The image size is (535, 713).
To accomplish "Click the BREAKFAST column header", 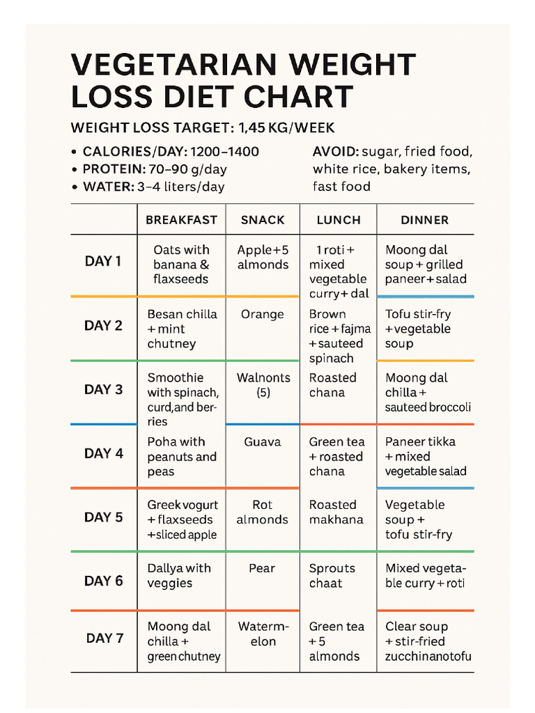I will tap(181, 220).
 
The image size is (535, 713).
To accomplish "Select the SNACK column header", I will tap(263, 220).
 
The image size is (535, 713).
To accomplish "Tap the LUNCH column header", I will tap(339, 220).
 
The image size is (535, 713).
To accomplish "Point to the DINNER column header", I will tap(425, 220).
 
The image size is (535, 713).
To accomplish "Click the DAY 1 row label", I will tap(103, 261).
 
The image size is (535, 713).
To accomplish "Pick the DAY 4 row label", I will tap(104, 453).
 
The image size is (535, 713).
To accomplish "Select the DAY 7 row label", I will tap(104, 638).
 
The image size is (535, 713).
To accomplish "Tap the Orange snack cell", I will tap(263, 315).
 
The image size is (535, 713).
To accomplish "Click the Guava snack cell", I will tap(263, 442).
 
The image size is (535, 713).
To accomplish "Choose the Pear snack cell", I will tap(263, 569).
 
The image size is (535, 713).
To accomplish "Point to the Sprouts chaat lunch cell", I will tap(332, 576).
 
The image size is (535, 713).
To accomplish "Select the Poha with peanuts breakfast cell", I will tap(182, 457).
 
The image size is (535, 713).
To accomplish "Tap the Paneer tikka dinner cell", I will tap(426, 457).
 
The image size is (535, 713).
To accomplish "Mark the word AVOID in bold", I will tap(335, 152).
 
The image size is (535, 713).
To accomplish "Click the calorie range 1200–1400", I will tap(224, 152).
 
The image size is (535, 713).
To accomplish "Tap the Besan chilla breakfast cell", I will tap(182, 329).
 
